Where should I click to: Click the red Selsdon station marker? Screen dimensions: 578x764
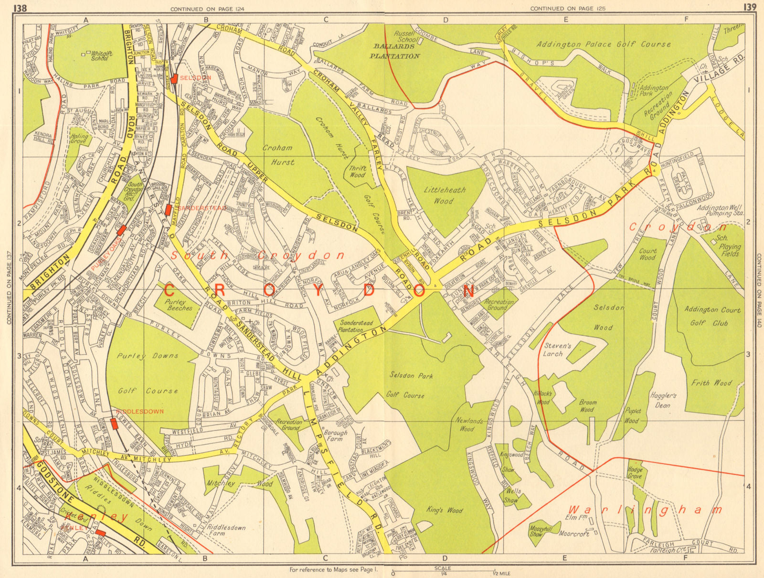click(175, 78)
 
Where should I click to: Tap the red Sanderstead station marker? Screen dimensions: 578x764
click(168, 209)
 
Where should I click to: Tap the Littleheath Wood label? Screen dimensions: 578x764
click(445, 195)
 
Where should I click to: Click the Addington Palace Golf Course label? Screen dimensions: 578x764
click(604, 44)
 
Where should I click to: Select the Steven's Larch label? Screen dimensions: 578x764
click(557, 349)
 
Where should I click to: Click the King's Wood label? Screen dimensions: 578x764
click(445, 510)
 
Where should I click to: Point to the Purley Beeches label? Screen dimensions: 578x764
click(179, 305)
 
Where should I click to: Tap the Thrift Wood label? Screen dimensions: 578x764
click(357, 172)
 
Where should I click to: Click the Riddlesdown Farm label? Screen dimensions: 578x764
click(225, 531)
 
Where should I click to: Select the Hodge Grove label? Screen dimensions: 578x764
click(635, 473)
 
